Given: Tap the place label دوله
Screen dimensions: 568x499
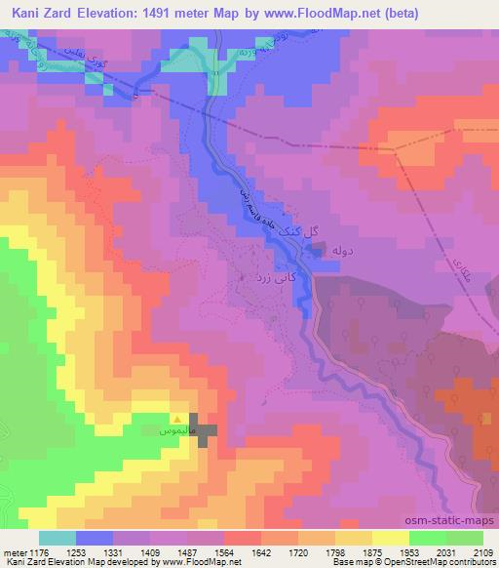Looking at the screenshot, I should click(x=346, y=251).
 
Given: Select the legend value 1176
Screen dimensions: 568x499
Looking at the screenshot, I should click(x=38, y=551).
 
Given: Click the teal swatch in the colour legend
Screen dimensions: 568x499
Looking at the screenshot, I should click(x=58, y=538).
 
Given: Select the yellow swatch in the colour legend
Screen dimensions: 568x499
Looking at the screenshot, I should click(x=391, y=538).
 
